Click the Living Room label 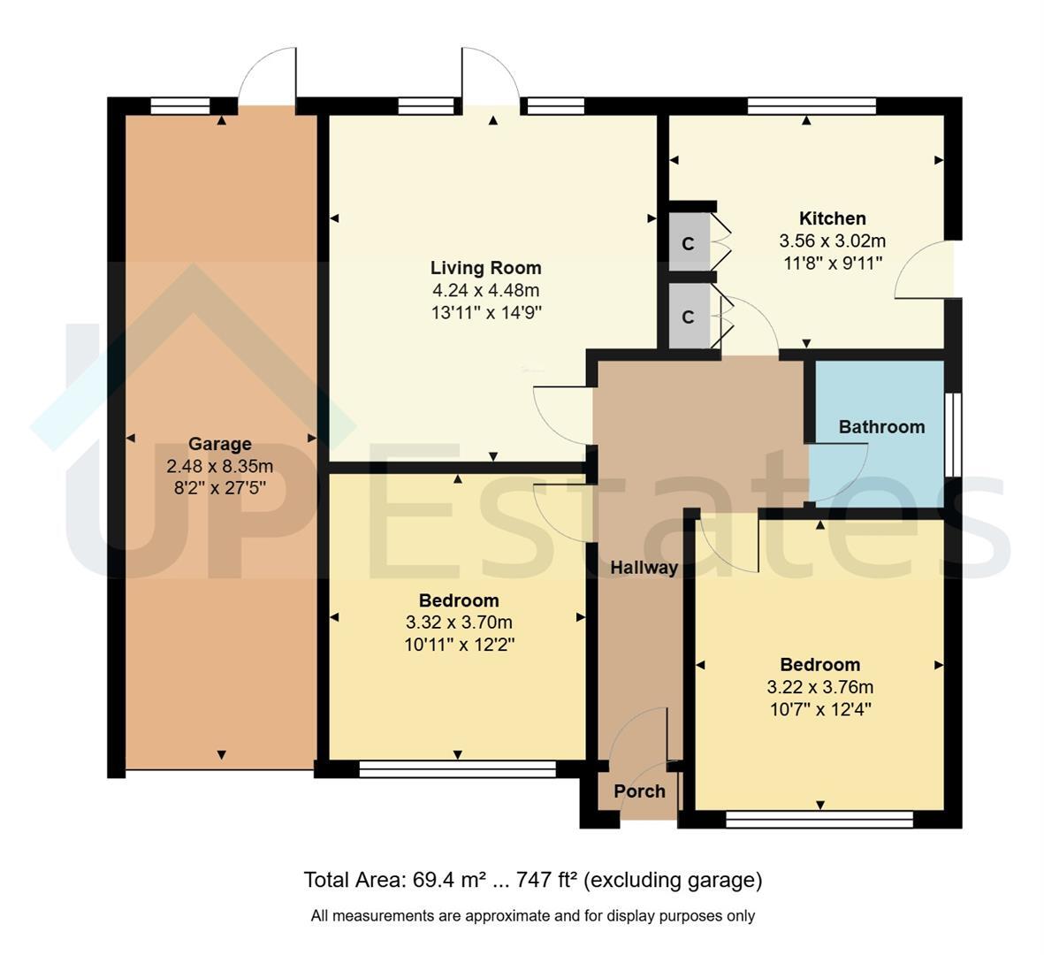point(485,268)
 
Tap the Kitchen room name point(832,218)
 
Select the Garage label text point(220,444)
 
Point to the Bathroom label point(881,427)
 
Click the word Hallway point(644,568)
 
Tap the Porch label point(639,791)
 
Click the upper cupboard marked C point(689,244)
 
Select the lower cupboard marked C point(689,317)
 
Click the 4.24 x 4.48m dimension point(485,290)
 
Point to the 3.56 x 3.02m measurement point(832,241)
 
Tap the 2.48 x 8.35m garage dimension point(220,466)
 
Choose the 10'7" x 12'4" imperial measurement point(820,709)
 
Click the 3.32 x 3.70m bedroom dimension point(459,623)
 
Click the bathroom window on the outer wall point(954,435)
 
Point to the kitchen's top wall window point(812,106)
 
